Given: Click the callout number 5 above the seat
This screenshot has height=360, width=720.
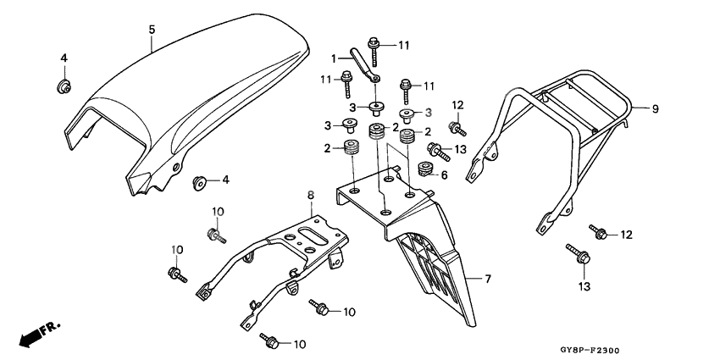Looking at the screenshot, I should pos(151,30).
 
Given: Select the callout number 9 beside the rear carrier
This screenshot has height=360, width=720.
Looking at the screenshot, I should pos(655,108).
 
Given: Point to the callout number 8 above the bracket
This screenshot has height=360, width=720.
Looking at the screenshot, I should pos(311,195).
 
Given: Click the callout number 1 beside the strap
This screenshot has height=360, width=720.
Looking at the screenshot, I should pos(334,58).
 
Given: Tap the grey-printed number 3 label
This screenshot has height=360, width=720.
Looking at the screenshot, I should pos(429,111).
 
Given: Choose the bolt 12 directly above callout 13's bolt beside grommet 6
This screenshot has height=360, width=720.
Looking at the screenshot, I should pos(457,130).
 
